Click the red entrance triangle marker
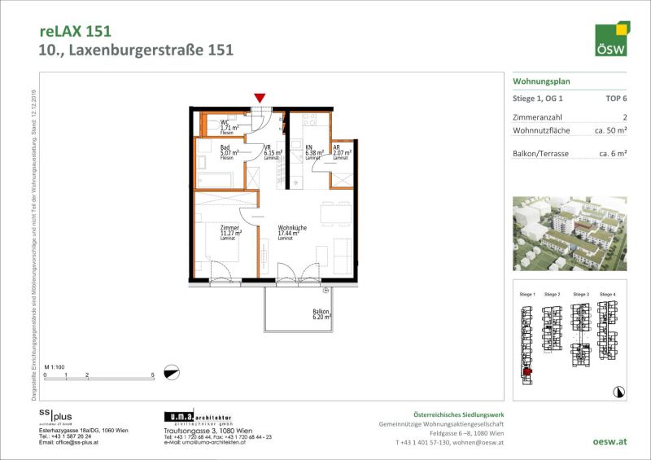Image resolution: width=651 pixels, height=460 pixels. pos(260,99)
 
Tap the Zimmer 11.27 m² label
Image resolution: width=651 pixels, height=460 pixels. pos(228,233)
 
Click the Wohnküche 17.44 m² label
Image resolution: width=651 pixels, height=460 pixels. pos(289,233)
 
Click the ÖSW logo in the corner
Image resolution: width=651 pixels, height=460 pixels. pos(612,39)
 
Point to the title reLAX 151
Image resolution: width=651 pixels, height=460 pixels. pos(75,31)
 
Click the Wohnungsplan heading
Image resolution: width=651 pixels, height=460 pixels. pos(541,81)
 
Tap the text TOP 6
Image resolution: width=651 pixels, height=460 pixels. pos(616,98)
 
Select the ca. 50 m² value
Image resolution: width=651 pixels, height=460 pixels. pos(609,130)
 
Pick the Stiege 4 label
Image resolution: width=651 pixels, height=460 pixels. pos(607,293)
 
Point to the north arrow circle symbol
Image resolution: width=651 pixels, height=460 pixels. pos(171,372)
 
